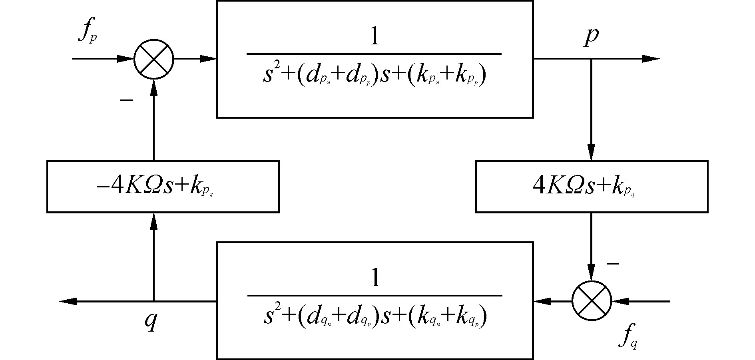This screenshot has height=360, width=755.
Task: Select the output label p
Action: pos(591,37)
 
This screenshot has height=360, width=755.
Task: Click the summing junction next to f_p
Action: pos(153,59)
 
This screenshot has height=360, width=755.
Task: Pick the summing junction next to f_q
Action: pos(592,301)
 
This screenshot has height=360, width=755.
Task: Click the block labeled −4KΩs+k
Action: pos(163,187)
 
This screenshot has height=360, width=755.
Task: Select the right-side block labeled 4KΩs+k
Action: pos(592,187)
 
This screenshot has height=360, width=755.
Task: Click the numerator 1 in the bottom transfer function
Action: pos(375,278)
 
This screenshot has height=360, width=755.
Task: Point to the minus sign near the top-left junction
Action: pos(126,100)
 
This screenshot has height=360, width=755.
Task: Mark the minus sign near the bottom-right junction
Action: pos(613,264)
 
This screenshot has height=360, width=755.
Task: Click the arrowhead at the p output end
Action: pos(651,59)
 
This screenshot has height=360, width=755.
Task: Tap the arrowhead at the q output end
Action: pos(68,301)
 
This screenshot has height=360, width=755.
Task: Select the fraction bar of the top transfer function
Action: pos(374,54)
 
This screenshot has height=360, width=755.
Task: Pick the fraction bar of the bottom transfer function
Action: pos(375,296)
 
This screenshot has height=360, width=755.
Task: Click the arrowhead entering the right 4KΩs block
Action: pos(592,153)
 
